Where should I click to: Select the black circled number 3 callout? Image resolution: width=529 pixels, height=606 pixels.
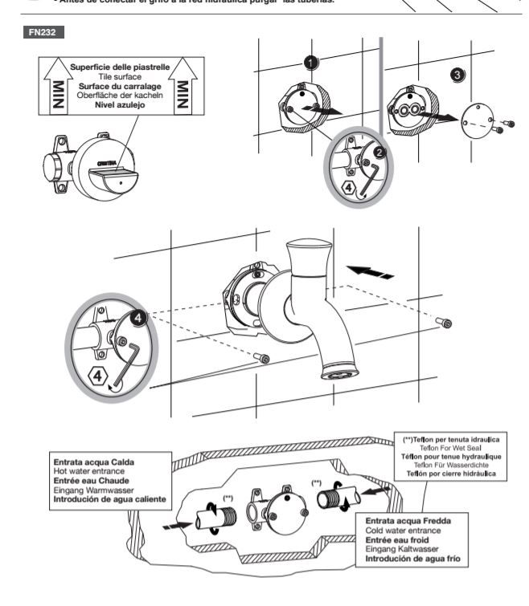point(456,74)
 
